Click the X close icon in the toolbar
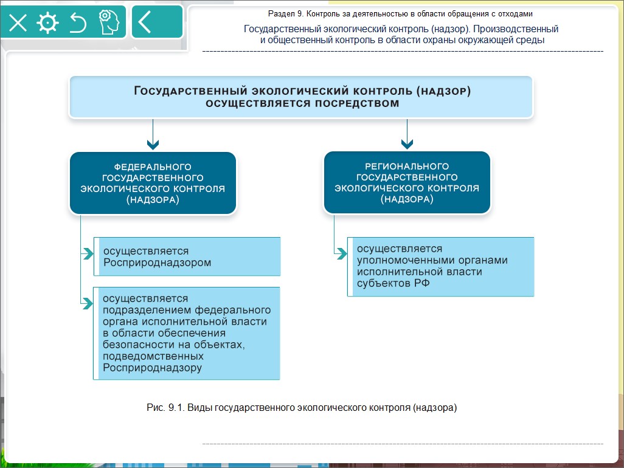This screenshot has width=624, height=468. pos(18,22)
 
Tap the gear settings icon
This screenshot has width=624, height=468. pos(47,22)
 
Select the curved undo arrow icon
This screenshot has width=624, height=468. pos(78,22)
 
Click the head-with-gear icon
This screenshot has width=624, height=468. pos(108,22)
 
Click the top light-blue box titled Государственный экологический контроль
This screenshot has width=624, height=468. pos(301,97)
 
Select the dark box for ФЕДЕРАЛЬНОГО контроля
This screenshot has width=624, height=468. pos(153,183)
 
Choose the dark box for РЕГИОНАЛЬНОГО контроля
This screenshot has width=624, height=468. pos(407,183)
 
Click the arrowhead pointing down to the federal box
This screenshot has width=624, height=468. pos(153,145)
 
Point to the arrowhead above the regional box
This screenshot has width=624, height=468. pos(407,145)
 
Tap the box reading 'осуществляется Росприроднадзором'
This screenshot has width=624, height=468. pos(187,256)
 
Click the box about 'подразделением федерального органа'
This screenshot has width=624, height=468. pos(187,333)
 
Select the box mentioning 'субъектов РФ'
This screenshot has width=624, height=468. pos(440,267)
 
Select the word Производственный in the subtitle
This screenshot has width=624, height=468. pos(518,29)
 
